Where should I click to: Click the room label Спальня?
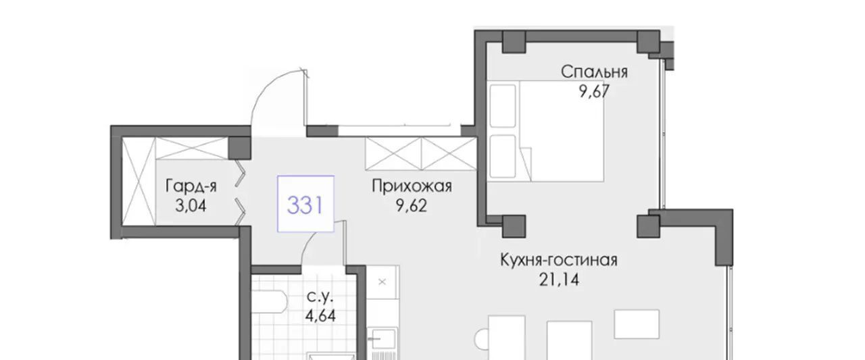[594, 72]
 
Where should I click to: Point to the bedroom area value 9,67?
[594, 91]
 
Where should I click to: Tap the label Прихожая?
[412, 186]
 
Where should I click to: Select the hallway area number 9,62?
[412, 205]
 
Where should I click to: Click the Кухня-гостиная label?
[559, 260]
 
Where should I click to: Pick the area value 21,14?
[559, 280]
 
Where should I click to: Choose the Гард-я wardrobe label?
[191, 186]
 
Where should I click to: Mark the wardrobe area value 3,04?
[191, 205]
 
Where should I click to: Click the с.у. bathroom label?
[320, 297]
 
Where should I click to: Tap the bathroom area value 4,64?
[320, 316]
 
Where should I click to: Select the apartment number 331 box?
[305, 204]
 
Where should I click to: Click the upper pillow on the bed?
[503, 106]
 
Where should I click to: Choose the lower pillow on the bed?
[503, 156]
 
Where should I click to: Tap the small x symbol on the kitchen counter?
[382, 282]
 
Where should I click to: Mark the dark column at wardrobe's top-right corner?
[239, 148]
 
